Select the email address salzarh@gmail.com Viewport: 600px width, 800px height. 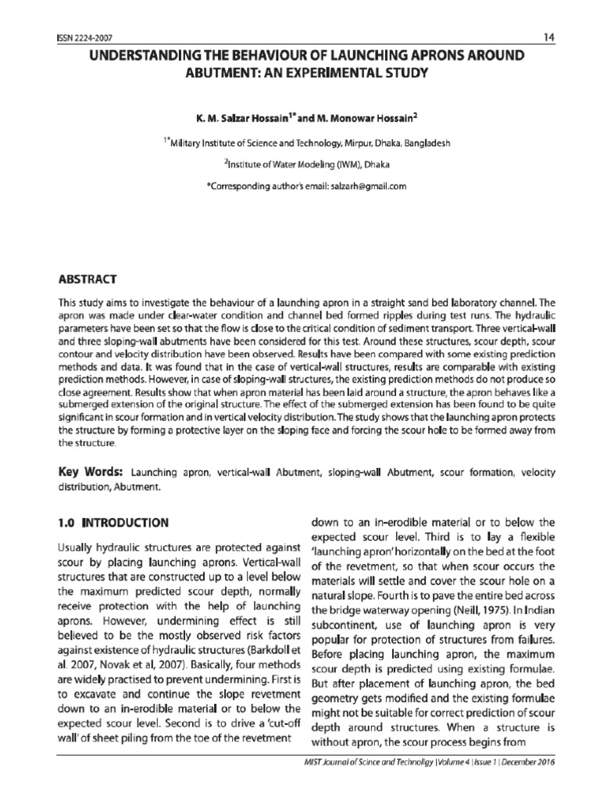click(x=370, y=187)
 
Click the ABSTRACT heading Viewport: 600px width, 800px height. click(x=88, y=278)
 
